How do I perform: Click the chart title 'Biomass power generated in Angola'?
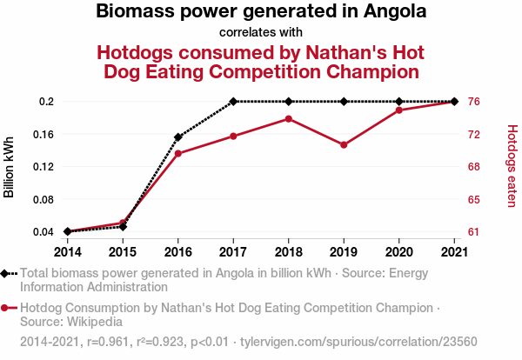click(261, 12)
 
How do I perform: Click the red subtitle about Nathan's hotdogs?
click(261, 61)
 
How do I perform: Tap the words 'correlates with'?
click(261, 33)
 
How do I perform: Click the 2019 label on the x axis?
click(344, 251)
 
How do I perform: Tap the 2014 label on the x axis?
click(67, 251)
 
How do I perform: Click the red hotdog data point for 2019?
click(344, 144)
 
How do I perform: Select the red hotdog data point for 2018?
click(289, 118)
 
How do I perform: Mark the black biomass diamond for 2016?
click(177, 137)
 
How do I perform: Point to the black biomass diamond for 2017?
click(233, 102)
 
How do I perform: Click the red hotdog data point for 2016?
click(177, 154)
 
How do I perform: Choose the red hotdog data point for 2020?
click(399, 110)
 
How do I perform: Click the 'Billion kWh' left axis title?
click(10, 167)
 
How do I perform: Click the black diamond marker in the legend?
click(6, 273)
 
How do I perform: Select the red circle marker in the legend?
click(6, 308)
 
